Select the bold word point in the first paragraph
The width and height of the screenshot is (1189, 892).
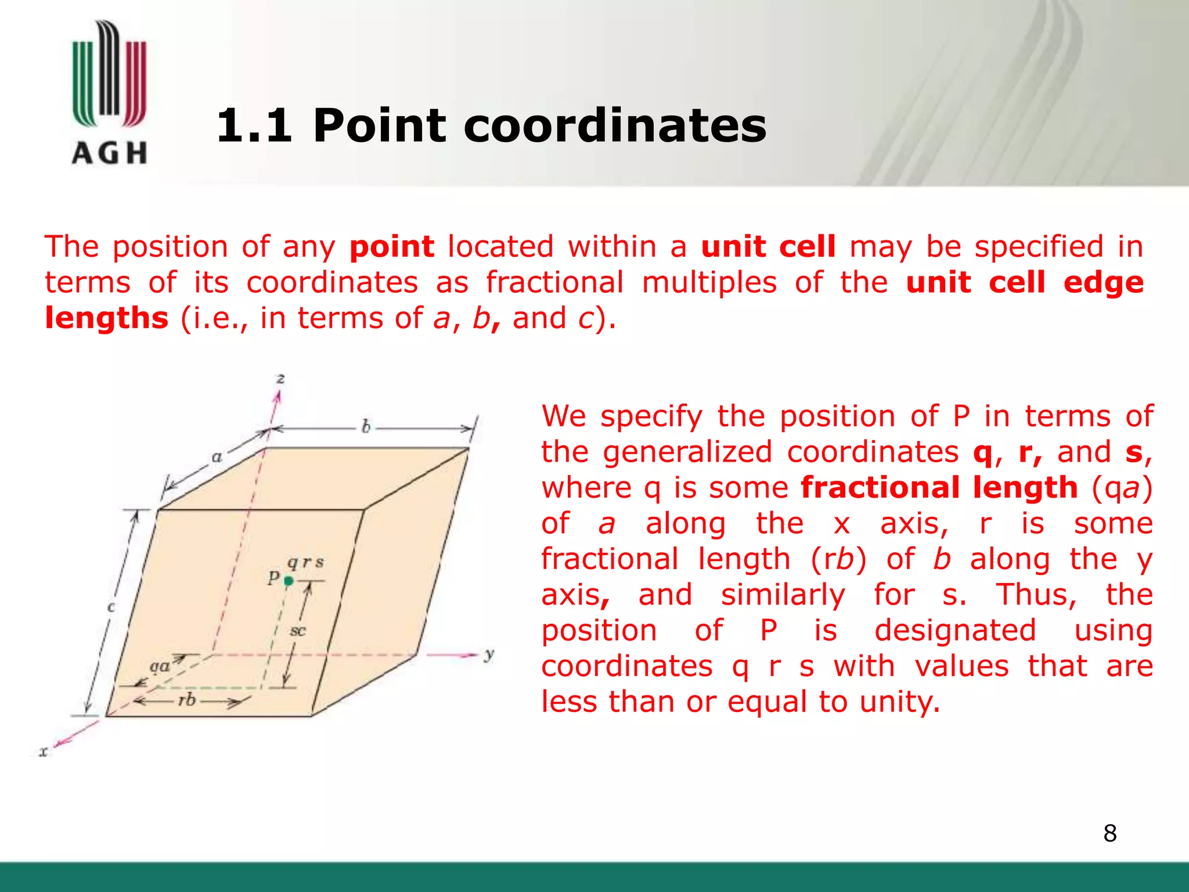392,247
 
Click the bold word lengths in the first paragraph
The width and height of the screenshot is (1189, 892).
107,318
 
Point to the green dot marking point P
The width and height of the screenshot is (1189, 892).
289,580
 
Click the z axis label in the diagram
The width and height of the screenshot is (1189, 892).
280,379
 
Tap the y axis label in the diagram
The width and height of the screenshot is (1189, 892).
489,654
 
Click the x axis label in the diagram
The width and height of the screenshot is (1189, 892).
44,752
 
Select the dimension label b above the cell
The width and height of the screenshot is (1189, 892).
366,427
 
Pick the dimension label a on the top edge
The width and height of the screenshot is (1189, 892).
217,457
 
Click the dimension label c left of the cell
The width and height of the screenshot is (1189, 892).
111,607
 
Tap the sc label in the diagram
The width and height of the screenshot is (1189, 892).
297,631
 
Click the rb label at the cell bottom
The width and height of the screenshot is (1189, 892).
187,700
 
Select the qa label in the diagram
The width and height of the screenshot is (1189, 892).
160,666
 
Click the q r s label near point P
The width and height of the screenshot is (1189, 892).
305,562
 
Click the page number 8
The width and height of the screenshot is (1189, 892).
1109,833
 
